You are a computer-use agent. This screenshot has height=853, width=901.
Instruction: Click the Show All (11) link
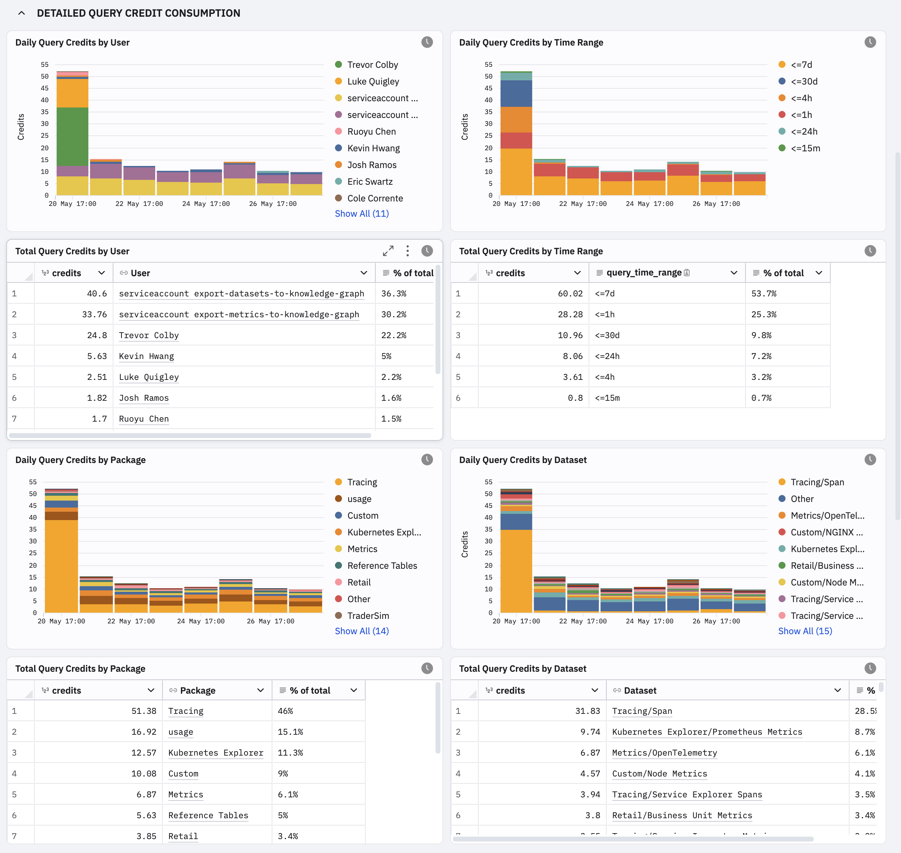tap(362, 214)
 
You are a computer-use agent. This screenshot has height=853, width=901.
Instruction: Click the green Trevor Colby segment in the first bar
tap(72, 136)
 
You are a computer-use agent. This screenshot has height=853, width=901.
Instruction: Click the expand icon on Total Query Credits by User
tap(388, 251)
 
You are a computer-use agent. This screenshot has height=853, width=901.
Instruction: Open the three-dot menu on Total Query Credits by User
tap(407, 251)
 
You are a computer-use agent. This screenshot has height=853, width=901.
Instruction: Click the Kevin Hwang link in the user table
tap(146, 356)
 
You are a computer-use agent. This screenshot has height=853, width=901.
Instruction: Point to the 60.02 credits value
tap(570, 293)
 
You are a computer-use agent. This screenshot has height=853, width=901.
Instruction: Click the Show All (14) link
tap(362, 631)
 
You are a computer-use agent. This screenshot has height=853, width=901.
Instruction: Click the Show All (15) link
tap(805, 631)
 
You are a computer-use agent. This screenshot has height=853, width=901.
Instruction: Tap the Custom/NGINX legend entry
tap(821, 533)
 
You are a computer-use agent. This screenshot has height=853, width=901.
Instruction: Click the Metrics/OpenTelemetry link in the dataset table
tap(664, 752)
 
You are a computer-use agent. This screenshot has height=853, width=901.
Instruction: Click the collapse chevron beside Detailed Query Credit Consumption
tap(21, 13)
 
